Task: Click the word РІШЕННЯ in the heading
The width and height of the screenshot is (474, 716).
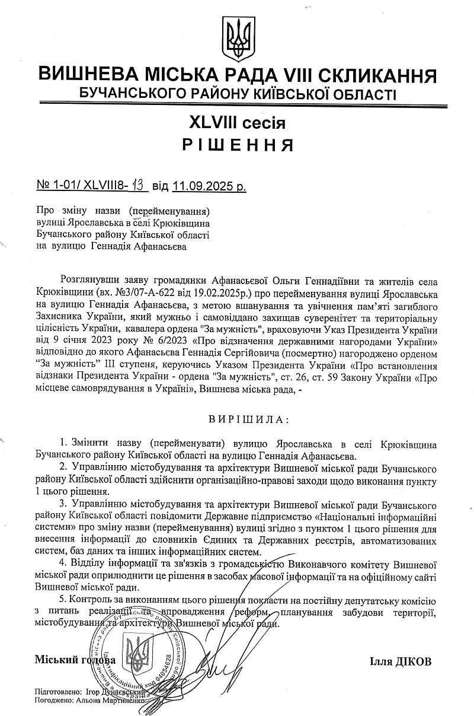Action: pos(237,145)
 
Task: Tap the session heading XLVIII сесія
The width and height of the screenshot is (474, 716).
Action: pos(237,123)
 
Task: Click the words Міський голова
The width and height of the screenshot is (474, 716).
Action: pos(75,660)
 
